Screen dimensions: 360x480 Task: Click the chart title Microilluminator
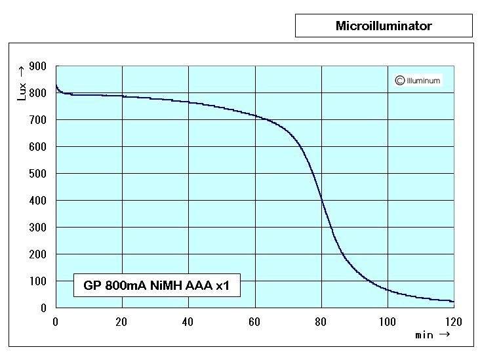pyautogui.click(x=384, y=26)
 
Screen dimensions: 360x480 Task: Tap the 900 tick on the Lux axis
pyautogui.click(x=38, y=66)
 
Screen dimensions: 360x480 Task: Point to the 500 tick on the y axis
pyautogui.click(x=38, y=174)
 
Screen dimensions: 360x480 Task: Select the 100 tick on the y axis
pyautogui.click(x=38, y=281)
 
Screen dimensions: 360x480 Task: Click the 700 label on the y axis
pyautogui.click(x=38, y=120)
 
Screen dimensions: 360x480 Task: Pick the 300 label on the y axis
pyautogui.click(x=38, y=228)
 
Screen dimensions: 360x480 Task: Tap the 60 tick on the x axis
pyautogui.click(x=254, y=321)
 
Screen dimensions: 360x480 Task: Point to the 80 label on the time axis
pyautogui.click(x=321, y=321)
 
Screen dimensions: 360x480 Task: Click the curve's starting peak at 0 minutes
pyautogui.click(x=56, y=85)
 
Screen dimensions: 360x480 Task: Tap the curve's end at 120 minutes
pyautogui.click(x=452, y=301)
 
